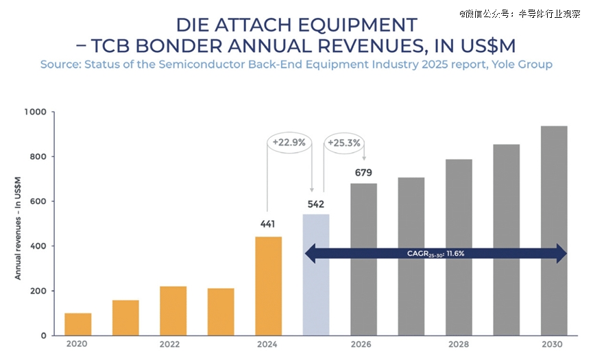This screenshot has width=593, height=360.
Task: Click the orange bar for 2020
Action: (x=78, y=324)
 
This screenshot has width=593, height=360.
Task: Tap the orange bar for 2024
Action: (x=269, y=286)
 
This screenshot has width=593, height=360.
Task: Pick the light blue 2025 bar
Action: (x=316, y=274)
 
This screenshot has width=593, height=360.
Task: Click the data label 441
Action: (x=269, y=224)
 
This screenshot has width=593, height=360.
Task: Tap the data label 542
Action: (x=316, y=204)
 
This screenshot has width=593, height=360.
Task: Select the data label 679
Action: (x=363, y=173)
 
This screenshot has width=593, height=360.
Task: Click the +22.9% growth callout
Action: (x=289, y=143)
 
